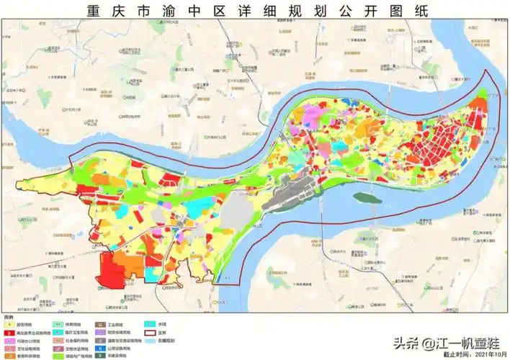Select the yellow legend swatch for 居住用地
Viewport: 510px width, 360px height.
9,325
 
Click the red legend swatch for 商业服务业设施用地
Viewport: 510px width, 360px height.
9,333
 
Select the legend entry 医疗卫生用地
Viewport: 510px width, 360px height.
72,333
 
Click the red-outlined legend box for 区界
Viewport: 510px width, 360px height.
150,333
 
